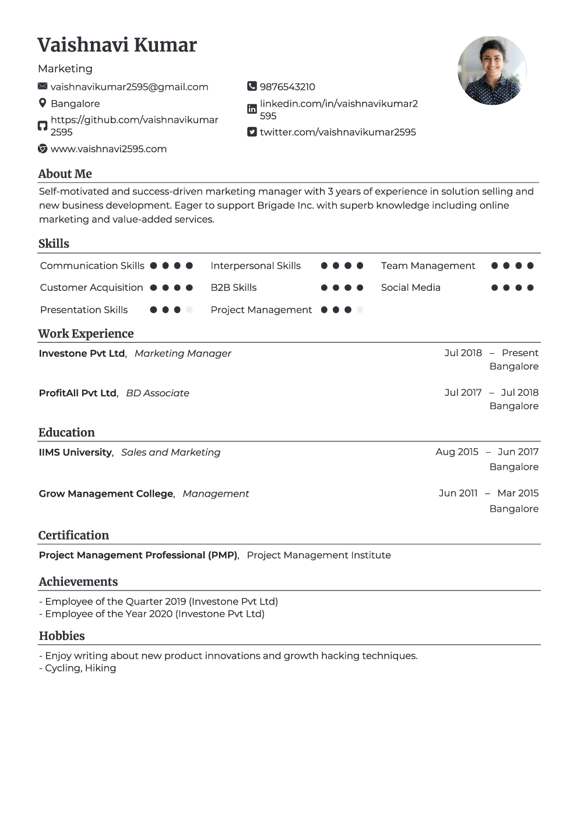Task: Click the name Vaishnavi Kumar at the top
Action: pos(117,45)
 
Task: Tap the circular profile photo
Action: pos(492,71)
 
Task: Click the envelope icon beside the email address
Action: pos(43,86)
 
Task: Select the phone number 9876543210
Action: pos(287,87)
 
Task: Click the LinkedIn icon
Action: pos(252,109)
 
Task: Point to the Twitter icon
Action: pos(252,132)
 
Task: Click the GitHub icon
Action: pos(43,126)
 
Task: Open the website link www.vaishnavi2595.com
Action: pos(108,149)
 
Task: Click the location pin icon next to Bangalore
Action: pos(43,103)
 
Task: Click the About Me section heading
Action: pos(65,174)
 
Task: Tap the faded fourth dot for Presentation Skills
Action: pos(189,310)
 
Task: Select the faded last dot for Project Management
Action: pos(360,310)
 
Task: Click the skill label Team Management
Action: pos(428,266)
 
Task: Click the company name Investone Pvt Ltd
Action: pos(82,353)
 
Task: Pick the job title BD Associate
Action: pos(157,393)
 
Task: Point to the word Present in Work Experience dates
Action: pos(520,353)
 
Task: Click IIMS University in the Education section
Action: pos(75,452)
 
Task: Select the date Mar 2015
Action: pos(518,493)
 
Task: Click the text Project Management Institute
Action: pos(319,555)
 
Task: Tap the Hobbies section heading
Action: pos(62,636)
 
